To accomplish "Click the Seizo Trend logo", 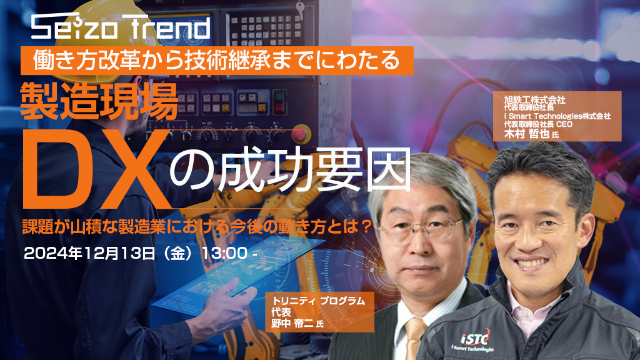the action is (121, 27).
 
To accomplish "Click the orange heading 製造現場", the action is (99, 101).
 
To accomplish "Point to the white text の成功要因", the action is (290, 170).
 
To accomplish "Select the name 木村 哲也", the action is (526, 134).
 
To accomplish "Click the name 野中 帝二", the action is (292, 323).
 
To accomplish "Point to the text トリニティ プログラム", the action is (318, 301).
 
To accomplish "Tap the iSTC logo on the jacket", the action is (475, 337).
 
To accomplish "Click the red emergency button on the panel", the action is (299, 134).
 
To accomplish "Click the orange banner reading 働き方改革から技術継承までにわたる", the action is (217, 61).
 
